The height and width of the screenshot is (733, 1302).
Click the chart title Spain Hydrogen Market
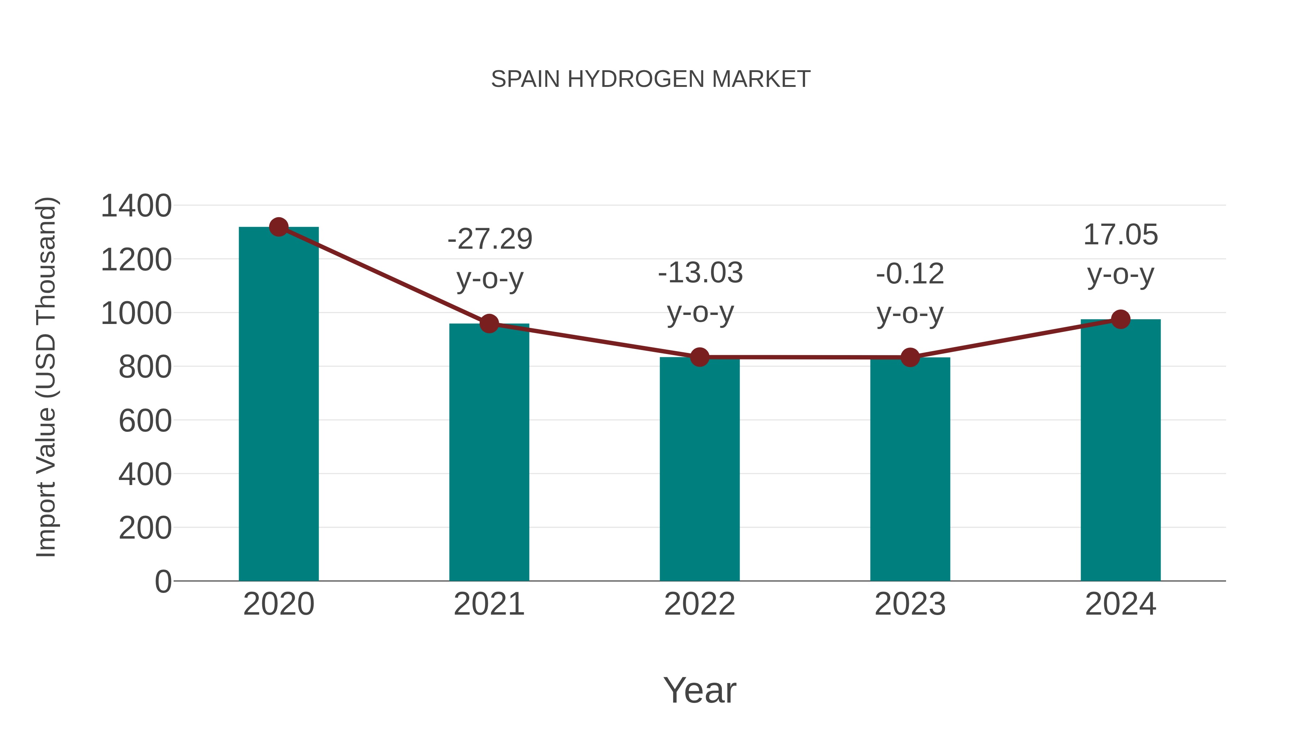point(651,79)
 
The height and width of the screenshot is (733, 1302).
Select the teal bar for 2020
point(278,405)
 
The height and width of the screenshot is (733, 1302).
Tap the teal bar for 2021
point(489,453)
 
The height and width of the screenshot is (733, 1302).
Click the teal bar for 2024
point(1120,450)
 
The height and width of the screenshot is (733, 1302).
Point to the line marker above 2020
point(278,227)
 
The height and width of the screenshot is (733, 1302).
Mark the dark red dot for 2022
point(699,357)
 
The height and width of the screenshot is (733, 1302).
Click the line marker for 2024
point(1120,319)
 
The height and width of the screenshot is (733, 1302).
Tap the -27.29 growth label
point(490,239)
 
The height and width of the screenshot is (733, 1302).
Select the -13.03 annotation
point(700,273)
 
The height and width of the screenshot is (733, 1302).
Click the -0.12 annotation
point(910,274)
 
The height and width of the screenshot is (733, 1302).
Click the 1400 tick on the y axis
point(136,206)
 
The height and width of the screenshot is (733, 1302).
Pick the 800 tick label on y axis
point(145,367)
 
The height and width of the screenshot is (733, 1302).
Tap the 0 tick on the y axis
point(163,582)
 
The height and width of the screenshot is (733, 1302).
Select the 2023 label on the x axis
point(910,604)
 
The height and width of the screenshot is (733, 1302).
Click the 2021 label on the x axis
point(489,604)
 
